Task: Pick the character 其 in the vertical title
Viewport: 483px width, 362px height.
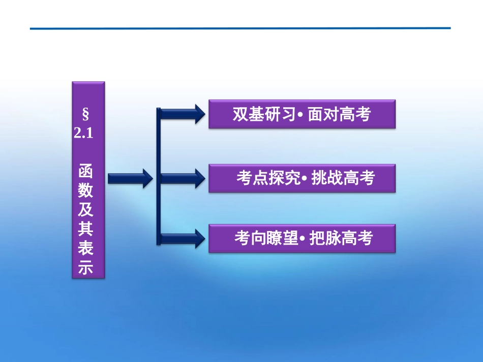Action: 85,229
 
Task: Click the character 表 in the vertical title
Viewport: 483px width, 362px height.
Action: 85,249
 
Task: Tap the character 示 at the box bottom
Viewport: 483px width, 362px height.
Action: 85,268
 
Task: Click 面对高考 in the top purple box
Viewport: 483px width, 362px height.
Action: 340,114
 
